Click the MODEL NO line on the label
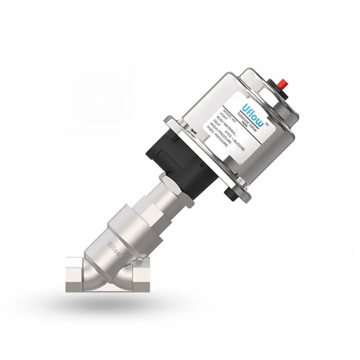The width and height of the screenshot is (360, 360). pos(223,112)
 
